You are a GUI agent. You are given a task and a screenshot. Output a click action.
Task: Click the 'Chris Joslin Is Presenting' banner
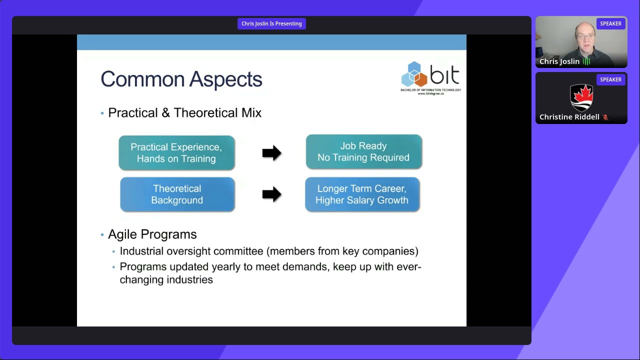(x=271, y=23)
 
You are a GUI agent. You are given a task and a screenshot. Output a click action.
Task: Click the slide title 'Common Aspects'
(x=181, y=79)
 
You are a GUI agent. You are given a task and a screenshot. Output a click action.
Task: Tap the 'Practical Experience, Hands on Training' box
(x=176, y=153)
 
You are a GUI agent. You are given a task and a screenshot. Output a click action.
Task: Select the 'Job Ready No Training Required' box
(x=363, y=151)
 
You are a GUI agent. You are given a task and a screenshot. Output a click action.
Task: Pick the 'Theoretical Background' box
(x=177, y=194)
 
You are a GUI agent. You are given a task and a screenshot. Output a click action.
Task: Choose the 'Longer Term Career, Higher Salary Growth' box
(x=362, y=194)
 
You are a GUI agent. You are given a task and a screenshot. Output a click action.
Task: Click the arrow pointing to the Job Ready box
(x=271, y=153)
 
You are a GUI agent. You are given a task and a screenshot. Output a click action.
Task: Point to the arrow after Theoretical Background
(x=271, y=194)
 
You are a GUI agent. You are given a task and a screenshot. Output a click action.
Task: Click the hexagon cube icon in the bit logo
(x=414, y=74)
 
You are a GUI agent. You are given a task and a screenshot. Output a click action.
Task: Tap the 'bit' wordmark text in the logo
(x=444, y=74)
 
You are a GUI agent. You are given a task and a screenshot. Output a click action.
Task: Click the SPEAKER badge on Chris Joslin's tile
(x=610, y=23)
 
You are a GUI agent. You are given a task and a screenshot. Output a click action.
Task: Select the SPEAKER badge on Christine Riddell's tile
(x=610, y=79)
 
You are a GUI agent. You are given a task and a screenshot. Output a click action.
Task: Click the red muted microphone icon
(x=605, y=117)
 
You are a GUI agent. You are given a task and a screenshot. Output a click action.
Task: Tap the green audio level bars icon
(x=586, y=61)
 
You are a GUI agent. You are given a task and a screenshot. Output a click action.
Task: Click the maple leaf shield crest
(x=581, y=97)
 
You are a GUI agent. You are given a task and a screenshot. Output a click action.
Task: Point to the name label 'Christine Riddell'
(x=569, y=117)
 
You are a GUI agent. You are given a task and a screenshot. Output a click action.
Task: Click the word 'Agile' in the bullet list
(x=122, y=235)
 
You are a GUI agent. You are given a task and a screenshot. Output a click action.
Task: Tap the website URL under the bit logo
(x=430, y=93)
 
